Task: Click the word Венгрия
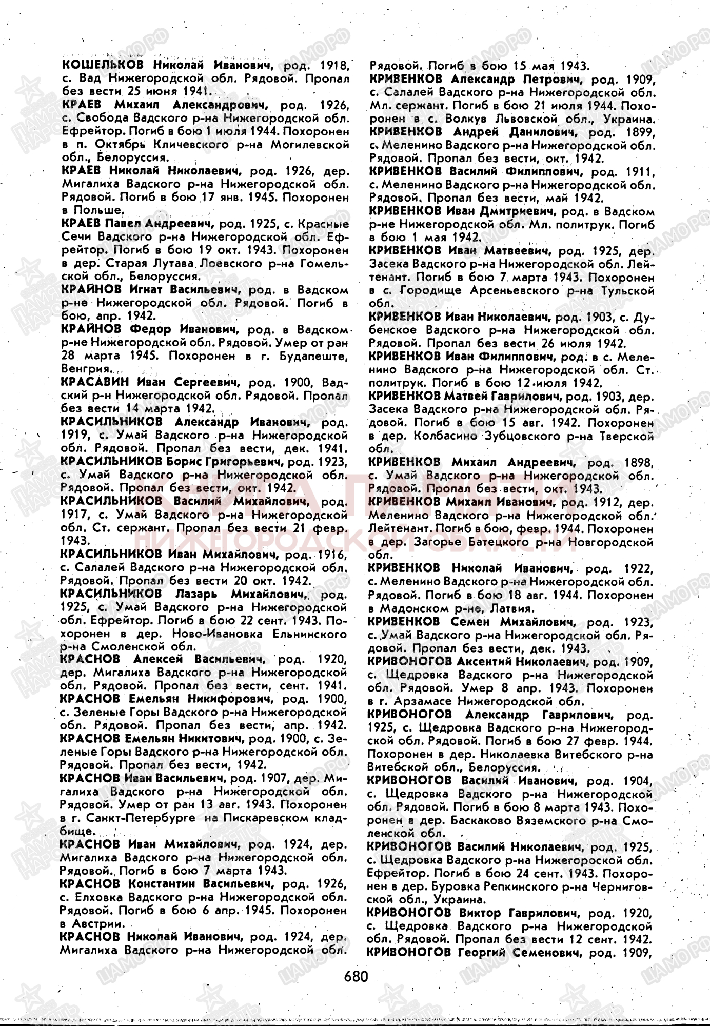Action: click(85, 369)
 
